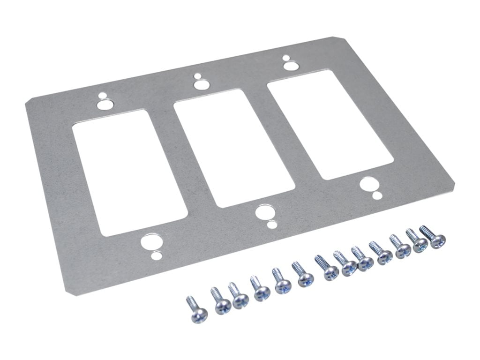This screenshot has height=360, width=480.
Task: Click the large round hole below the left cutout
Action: (x=150, y=243)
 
